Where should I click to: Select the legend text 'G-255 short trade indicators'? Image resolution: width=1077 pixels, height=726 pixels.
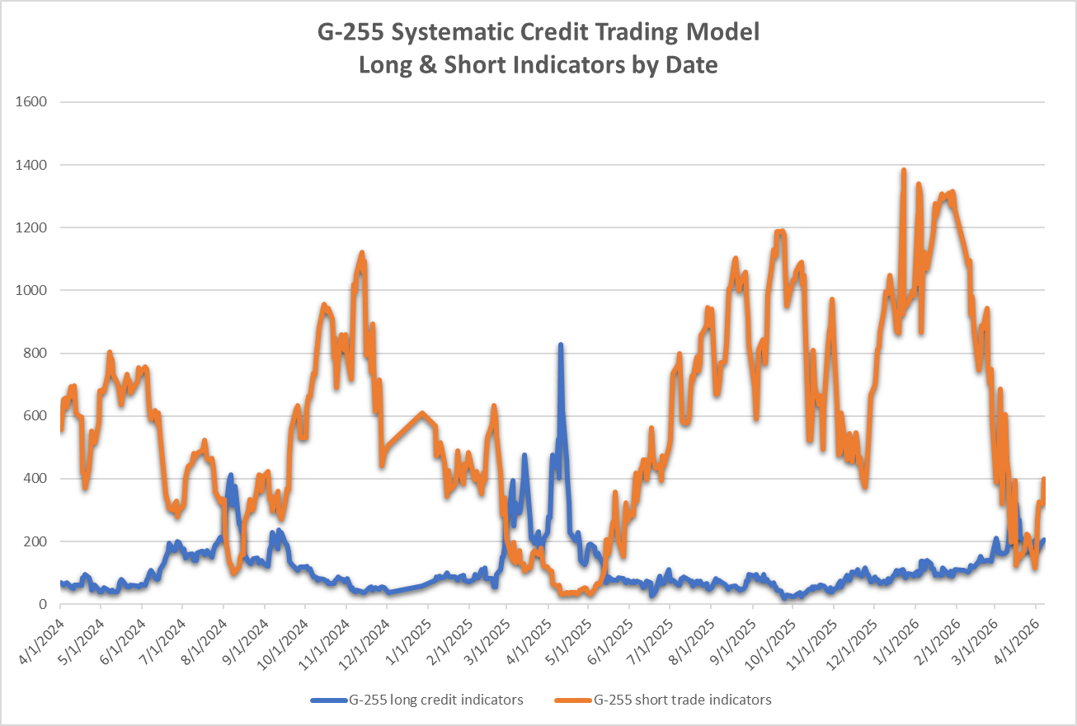coord(683,700)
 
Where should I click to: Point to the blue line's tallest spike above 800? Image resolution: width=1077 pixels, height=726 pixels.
coord(561,346)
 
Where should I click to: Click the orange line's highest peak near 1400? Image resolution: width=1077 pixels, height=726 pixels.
coord(904,171)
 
